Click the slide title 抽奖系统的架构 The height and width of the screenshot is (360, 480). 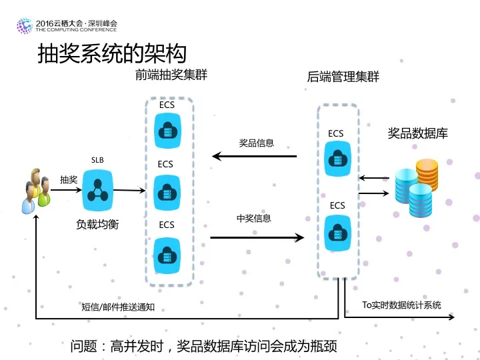click(112, 53)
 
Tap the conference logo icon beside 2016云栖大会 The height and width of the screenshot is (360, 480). click(24, 26)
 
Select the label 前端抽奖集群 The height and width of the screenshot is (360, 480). click(171, 75)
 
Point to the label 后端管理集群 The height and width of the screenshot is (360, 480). click(343, 77)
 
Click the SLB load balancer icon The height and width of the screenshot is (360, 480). click(99, 189)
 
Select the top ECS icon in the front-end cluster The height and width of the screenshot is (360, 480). click(166, 130)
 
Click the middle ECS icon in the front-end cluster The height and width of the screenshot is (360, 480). click(166, 191)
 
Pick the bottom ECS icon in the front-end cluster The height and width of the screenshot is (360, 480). click(166, 253)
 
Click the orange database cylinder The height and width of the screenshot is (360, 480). click(427, 173)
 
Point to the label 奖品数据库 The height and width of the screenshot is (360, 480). click(418, 133)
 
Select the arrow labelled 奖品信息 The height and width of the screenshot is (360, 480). click(254, 157)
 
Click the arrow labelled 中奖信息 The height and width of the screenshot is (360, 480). click(257, 236)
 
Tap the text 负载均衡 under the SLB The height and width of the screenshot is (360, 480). click(97, 225)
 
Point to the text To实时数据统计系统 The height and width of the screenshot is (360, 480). click(401, 305)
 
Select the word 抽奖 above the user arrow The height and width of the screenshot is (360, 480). click(69, 180)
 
